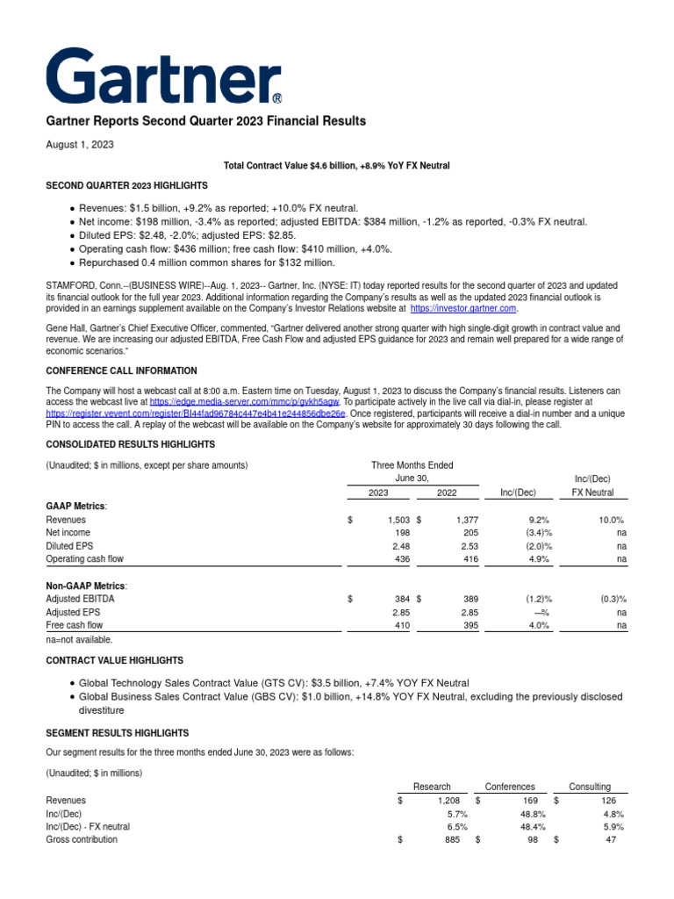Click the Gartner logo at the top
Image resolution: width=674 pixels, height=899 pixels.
[x=165, y=76]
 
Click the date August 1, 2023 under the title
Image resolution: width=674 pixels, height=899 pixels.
[x=80, y=144]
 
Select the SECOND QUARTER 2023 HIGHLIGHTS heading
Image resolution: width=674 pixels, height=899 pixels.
[x=126, y=186]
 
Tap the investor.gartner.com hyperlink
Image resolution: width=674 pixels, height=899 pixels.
[x=463, y=309]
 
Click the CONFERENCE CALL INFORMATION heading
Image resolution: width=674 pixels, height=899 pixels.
[x=121, y=370]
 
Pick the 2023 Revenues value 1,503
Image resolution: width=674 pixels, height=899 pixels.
[x=398, y=520]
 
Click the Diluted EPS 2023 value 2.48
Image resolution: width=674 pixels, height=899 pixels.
[x=400, y=546]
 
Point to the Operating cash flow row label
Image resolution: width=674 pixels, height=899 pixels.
[x=84, y=559]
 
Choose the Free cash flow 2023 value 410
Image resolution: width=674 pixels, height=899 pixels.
[x=401, y=625]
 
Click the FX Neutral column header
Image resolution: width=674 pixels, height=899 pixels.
[x=592, y=493]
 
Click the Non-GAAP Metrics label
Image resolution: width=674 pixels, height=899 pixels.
[x=86, y=586]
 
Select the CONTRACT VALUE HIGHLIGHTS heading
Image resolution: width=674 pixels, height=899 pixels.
[x=114, y=660]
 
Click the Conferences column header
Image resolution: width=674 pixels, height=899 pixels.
[x=509, y=787]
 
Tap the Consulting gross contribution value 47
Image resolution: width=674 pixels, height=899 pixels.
[x=611, y=840]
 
